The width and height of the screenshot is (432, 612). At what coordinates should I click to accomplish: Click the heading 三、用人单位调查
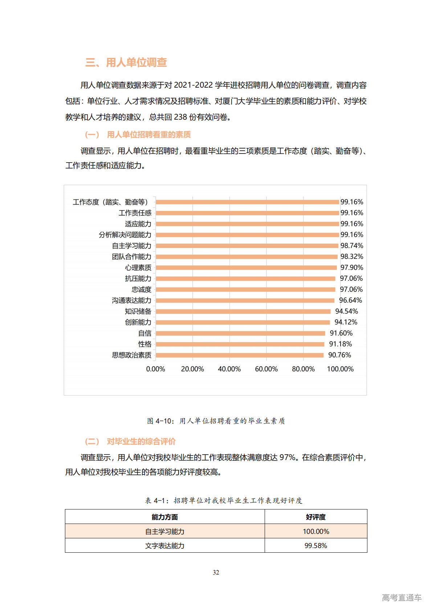126,63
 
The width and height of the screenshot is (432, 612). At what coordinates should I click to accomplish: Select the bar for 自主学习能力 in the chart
247,246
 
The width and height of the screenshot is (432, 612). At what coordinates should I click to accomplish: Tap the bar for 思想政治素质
240,355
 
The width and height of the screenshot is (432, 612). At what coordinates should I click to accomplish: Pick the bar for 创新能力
243,322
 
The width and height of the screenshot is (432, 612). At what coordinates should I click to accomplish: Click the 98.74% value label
351,246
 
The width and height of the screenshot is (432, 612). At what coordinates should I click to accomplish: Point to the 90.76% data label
339,355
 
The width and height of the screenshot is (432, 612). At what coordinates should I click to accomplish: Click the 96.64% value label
350,300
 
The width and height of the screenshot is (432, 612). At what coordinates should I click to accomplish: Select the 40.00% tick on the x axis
229,369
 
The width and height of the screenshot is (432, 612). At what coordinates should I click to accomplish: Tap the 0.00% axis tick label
155,369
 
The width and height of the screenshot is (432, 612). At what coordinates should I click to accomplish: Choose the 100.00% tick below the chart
340,369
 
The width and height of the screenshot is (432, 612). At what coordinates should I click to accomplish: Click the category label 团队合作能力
131,257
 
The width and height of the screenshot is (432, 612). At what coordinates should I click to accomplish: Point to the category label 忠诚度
141,289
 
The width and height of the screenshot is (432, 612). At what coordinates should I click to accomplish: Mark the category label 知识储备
138,311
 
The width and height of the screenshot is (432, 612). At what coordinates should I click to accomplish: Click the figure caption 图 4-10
216,421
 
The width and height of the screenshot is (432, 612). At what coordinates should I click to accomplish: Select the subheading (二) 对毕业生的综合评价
130,441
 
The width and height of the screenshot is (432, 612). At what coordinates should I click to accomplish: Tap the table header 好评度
315,517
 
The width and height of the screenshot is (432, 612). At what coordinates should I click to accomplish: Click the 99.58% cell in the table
315,546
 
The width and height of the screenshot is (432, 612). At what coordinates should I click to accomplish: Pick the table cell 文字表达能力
164,546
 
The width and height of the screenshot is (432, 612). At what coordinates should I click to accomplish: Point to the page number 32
216,572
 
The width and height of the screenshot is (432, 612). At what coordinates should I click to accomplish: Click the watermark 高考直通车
402,597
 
